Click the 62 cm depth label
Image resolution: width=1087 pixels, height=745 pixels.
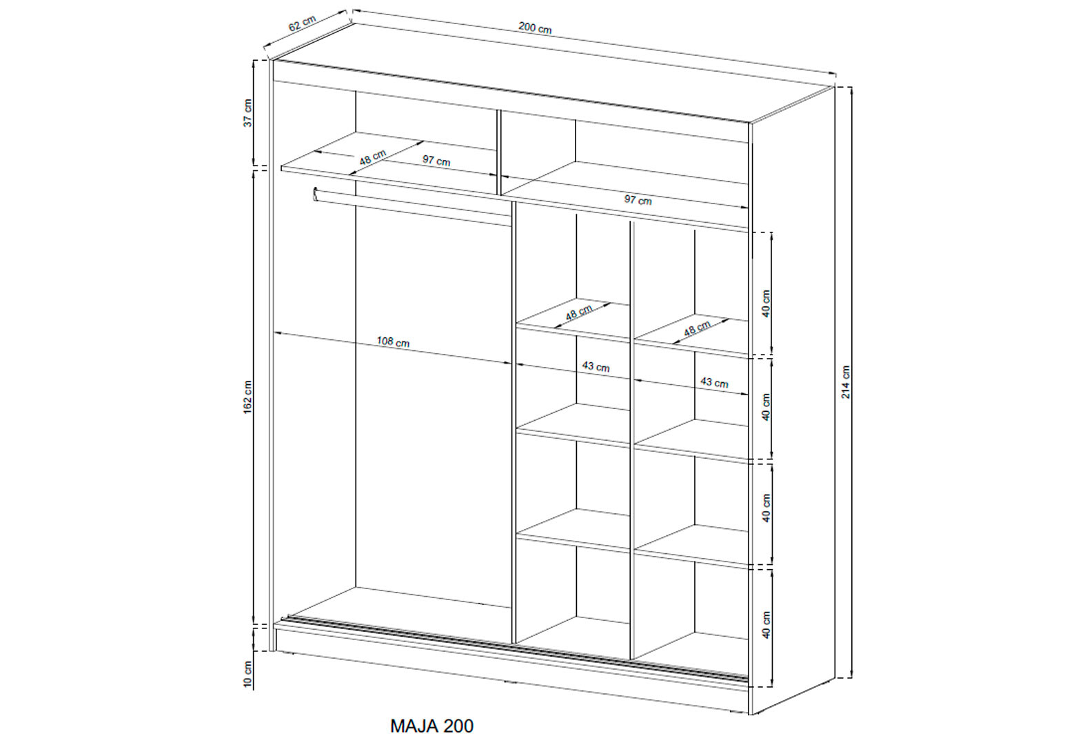(x=303, y=23)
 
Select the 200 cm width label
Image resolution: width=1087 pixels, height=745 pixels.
(x=535, y=28)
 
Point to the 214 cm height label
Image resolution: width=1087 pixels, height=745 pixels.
(x=846, y=382)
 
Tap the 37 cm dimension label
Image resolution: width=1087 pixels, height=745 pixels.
(x=248, y=113)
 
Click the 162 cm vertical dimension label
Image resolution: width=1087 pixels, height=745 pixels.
(x=248, y=397)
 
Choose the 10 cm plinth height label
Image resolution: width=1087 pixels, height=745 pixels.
(x=248, y=674)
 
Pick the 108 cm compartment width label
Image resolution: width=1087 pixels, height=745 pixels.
(x=393, y=342)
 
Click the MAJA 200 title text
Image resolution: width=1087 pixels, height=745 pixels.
(x=431, y=726)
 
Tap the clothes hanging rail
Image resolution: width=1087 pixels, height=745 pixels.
(x=412, y=208)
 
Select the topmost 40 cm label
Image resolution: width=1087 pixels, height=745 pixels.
(x=766, y=304)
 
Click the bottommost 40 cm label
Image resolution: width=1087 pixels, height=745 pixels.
(x=766, y=624)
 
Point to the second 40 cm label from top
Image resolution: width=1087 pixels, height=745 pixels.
(x=766, y=407)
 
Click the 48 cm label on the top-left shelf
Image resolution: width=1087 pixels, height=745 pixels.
(x=373, y=157)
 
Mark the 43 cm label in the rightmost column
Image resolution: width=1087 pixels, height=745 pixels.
(x=714, y=382)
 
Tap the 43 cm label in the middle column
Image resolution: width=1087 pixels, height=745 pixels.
(x=596, y=366)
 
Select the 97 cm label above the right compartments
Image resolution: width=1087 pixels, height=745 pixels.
(x=638, y=199)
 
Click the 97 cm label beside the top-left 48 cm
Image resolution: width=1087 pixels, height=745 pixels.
(x=436, y=160)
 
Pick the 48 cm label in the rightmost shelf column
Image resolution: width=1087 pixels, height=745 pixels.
(x=698, y=329)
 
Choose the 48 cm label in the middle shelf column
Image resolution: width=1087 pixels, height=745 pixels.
(x=579, y=312)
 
